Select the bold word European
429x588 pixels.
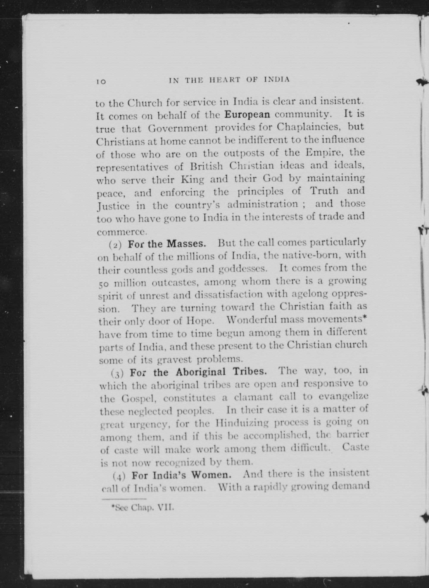pyautogui.click(x=247, y=114)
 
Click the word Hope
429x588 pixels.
pyautogui.click(x=200, y=321)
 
